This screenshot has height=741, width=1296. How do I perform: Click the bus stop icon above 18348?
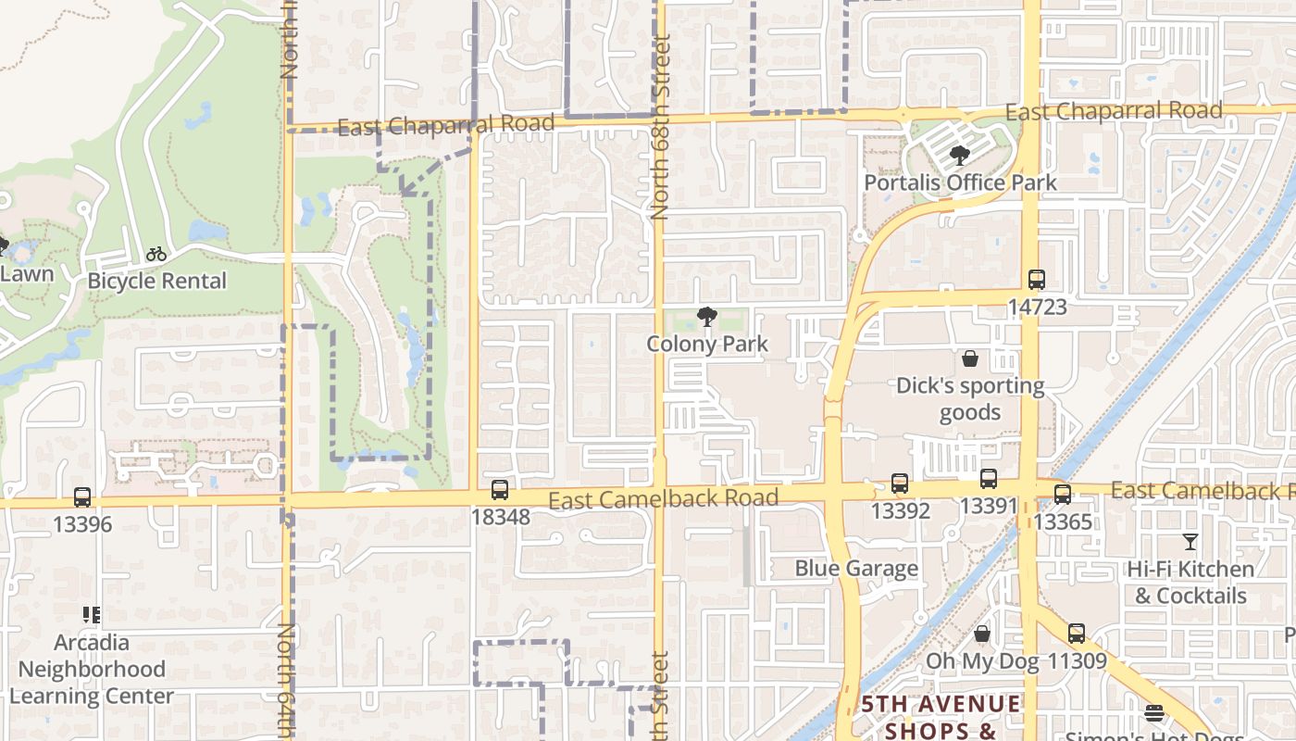(x=500, y=490)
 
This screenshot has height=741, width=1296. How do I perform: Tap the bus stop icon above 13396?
(x=82, y=497)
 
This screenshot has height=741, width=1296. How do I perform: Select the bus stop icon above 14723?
(x=1037, y=280)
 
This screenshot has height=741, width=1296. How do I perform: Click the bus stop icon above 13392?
(x=900, y=483)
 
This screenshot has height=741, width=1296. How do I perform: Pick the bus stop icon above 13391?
(x=989, y=479)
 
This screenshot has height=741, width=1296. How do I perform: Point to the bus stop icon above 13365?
(x=1063, y=495)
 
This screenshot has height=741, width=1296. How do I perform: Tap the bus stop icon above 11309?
(x=1076, y=634)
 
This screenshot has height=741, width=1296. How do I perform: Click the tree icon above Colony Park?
(x=707, y=317)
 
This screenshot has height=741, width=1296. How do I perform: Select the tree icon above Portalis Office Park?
(x=960, y=156)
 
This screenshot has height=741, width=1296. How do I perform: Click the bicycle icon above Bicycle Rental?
(x=156, y=254)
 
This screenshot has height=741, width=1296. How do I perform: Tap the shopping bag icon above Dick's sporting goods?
(x=970, y=358)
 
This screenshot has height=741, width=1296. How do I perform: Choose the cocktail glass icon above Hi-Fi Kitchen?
(x=1190, y=542)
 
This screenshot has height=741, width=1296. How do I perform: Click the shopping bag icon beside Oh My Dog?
(x=982, y=634)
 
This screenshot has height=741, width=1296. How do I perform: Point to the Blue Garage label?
(x=856, y=568)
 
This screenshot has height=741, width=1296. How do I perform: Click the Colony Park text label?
(x=707, y=345)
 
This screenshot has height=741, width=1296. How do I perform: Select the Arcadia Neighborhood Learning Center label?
(x=92, y=669)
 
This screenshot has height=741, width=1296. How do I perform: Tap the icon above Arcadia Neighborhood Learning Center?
(x=92, y=614)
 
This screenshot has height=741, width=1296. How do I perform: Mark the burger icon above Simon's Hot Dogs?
(x=1153, y=713)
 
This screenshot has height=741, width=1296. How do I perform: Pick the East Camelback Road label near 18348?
(x=663, y=499)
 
